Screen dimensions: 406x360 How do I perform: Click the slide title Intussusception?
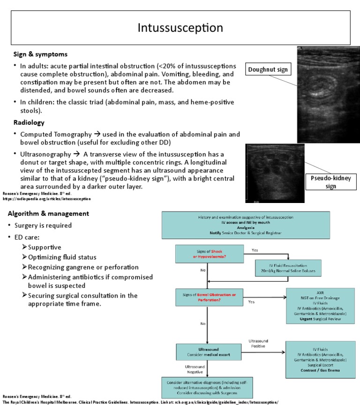(180, 28)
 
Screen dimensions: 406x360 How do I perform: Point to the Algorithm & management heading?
(48, 214)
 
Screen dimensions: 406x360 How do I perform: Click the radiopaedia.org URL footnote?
(47, 199)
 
